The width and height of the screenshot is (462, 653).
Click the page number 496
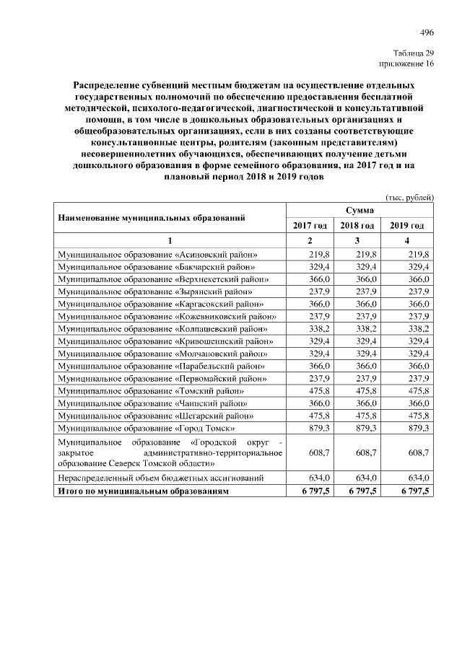(x=427, y=32)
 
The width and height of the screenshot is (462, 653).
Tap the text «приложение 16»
(x=408, y=64)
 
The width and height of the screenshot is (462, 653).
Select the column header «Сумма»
(x=359, y=210)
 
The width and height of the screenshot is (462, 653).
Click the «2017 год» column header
(x=310, y=226)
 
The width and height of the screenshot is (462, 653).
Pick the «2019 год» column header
(x=407, y=226)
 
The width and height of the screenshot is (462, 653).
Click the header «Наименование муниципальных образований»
(x=152, y=217)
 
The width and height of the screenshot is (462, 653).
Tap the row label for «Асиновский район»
(x=157, y=255)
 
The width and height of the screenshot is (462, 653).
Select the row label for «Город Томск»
(x=147, y=429)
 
